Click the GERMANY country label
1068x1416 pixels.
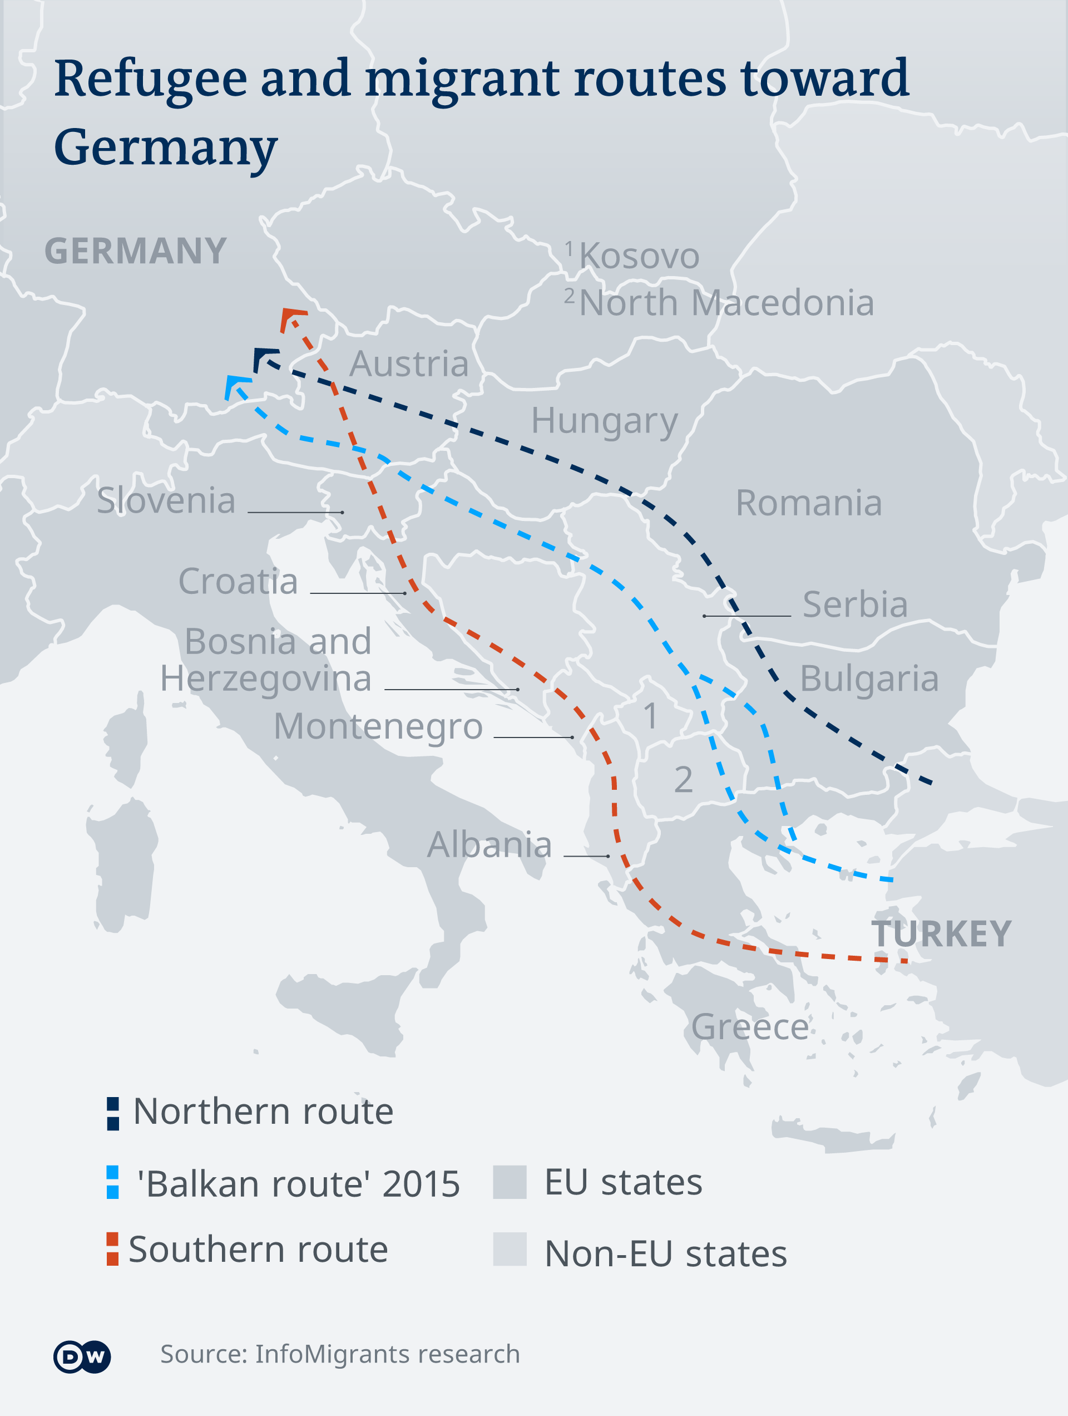tap(136, 251)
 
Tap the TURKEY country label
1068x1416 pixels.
tap(941, 934)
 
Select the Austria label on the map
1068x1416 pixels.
tap(409, 363)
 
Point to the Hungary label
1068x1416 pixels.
tap(604, 421)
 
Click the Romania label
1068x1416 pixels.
tap(808, 503)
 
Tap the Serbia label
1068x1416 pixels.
tap(855, 604)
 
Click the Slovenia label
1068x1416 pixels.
tap(166, 500)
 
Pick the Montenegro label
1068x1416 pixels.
tap(378, 726)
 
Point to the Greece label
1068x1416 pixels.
tap(749, 1027)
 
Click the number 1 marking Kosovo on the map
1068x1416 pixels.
tap(650, 715)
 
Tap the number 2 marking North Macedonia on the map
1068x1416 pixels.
tap(683, 780)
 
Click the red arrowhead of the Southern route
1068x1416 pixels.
tap(291, 316)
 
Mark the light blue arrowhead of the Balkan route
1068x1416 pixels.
tap(234, 385)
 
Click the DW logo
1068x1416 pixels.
tap(82, 1356)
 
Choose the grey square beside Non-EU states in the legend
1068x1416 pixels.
tap(510, 1249)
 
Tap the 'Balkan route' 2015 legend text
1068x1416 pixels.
tap(298, 1184)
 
